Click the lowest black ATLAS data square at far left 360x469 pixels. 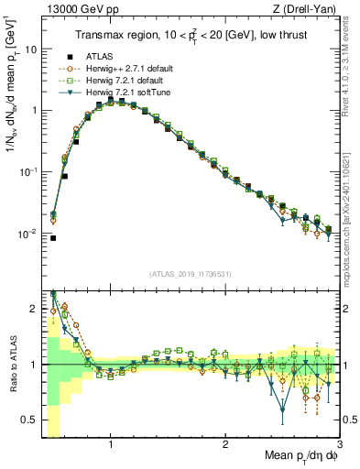coord(53,238)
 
